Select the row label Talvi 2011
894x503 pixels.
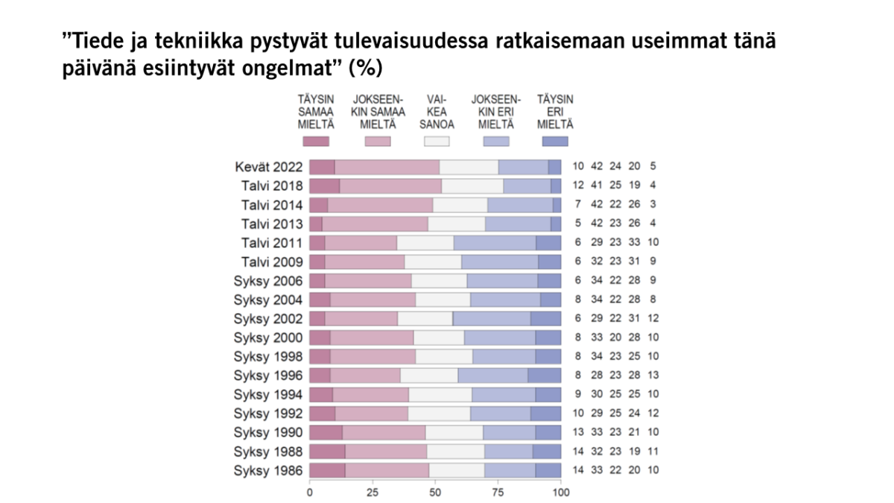point(272,243)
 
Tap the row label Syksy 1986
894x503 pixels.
point(268,470)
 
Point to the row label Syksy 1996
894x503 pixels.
point(268,376)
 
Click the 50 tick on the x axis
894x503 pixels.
point(435,492)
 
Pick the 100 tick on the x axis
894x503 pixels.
point(561,492)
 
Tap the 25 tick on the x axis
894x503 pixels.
point(372,492)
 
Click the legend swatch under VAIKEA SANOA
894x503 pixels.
point(437,141)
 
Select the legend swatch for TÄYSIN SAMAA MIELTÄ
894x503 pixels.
point(315,141)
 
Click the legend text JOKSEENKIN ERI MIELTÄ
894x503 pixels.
point(496,111)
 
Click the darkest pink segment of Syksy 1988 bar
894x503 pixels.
point(327,452)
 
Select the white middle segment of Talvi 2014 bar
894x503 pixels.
point(460,205)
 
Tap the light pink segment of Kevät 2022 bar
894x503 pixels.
point(387,167)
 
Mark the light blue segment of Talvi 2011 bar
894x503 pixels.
point(495,243)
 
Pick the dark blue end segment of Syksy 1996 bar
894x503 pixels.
point(545,376)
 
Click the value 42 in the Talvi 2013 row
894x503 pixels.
point(597,224)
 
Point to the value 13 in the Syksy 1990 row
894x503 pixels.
point(578,432)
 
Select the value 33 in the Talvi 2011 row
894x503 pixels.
point(634,243)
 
